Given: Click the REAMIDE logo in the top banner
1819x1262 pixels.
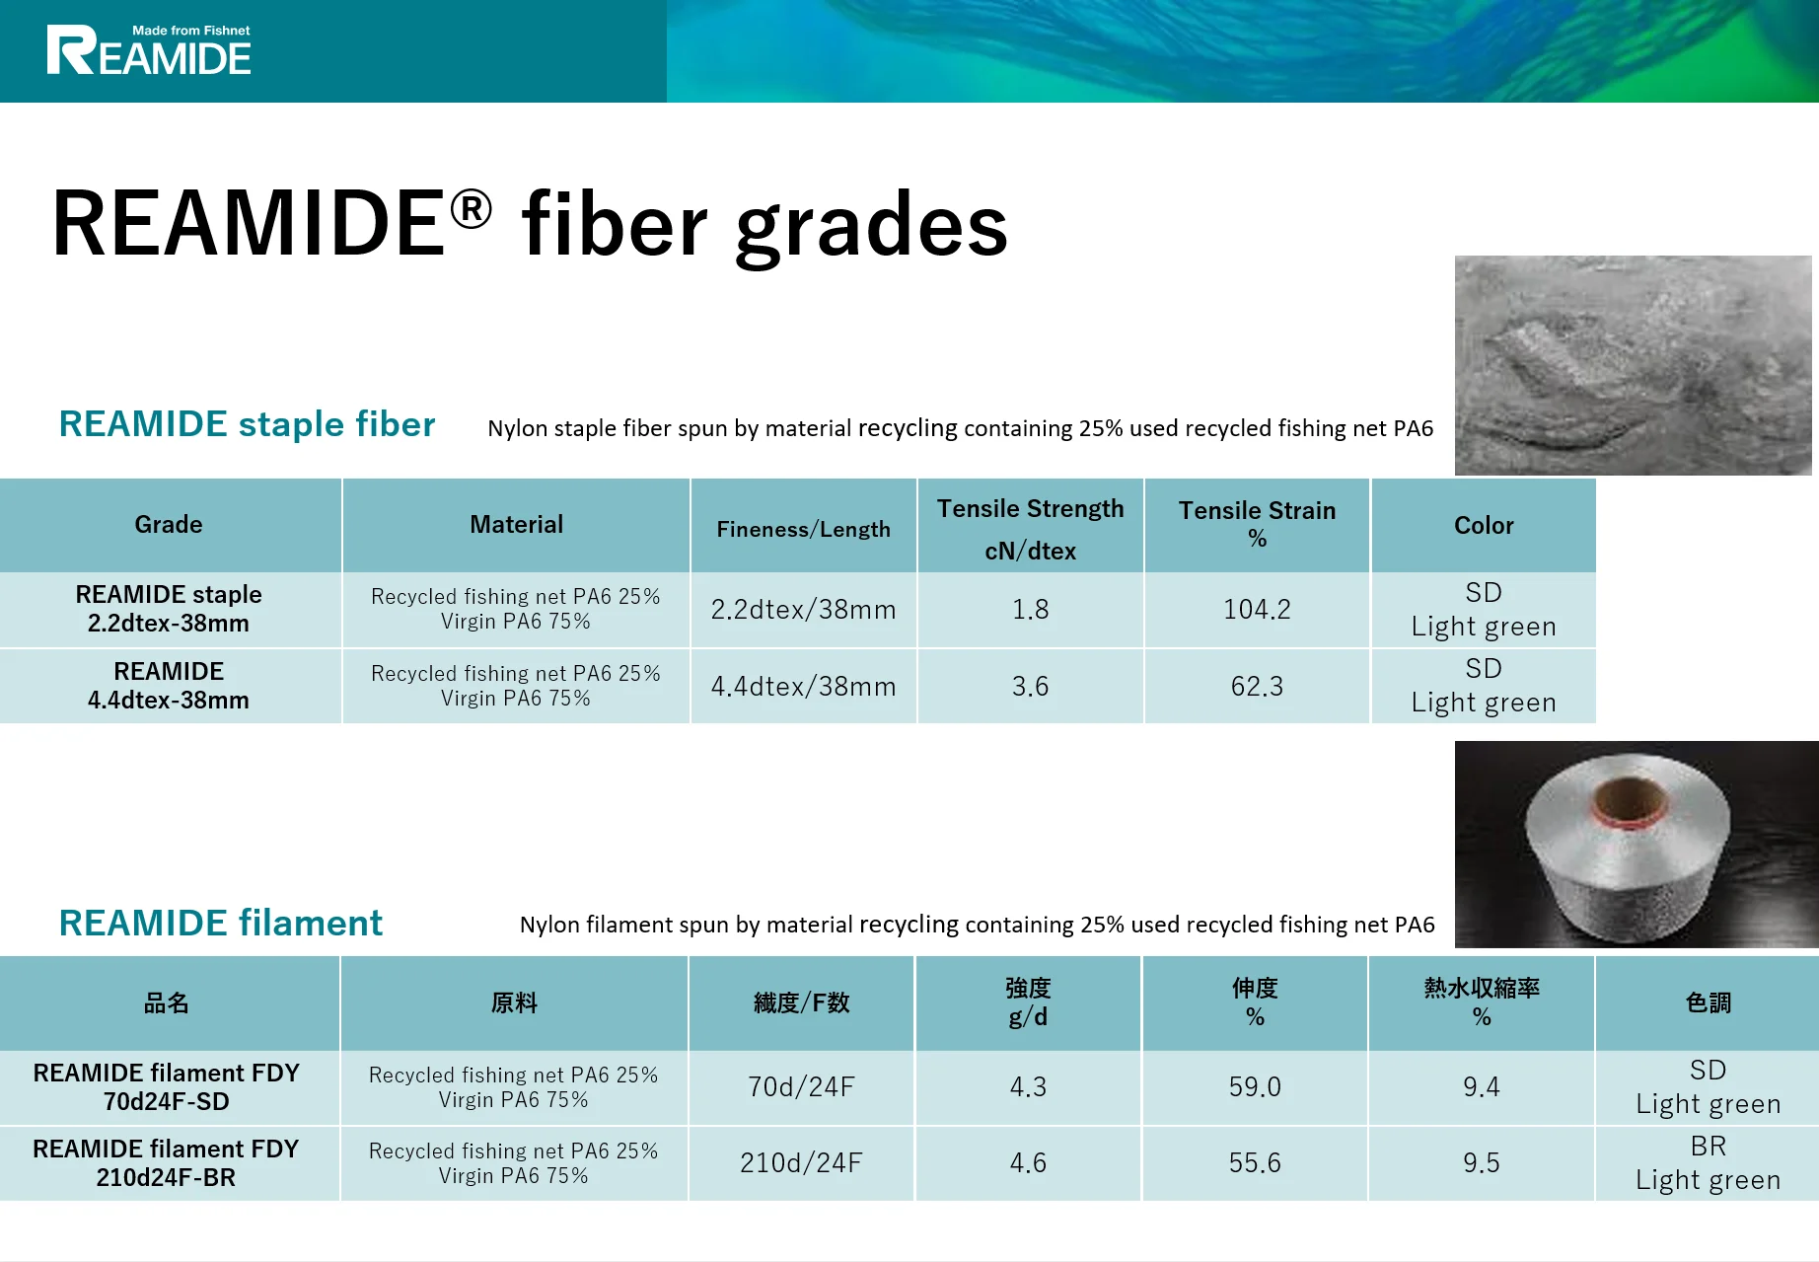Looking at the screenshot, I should tap(149, 51).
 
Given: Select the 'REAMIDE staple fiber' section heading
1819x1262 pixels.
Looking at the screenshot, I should tap(247, 424).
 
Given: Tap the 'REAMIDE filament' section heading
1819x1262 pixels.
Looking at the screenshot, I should tap(220, 924).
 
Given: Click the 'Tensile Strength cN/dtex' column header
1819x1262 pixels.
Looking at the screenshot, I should tap(1030, 528).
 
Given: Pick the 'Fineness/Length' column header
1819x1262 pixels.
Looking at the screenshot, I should tap(803, 530).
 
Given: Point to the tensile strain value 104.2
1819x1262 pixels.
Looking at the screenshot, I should tap(1256, 610).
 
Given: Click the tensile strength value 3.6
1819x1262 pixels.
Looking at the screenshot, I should tap(1030, 687).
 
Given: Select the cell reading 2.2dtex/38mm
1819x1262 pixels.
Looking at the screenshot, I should tap(803, 610).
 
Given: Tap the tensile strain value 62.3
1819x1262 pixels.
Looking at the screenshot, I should tap(1256, 687).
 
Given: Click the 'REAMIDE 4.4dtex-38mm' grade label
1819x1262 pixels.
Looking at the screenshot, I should tap(169, 686).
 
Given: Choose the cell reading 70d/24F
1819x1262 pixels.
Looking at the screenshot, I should tap(801, 1087).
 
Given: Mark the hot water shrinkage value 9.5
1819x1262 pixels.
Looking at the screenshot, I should tap(1481, 1163).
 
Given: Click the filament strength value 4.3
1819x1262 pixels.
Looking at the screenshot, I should tap(1028, 1087).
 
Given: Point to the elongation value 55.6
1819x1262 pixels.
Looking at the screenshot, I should tap(1254, 1163).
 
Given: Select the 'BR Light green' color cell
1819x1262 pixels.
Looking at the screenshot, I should tap(1708, 1163).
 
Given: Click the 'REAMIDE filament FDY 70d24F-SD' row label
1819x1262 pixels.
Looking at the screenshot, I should tap(166, 1087).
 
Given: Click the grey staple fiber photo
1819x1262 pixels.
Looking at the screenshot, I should tap(1633, 365).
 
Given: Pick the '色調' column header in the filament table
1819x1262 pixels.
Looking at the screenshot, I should tap(1708, 1003).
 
